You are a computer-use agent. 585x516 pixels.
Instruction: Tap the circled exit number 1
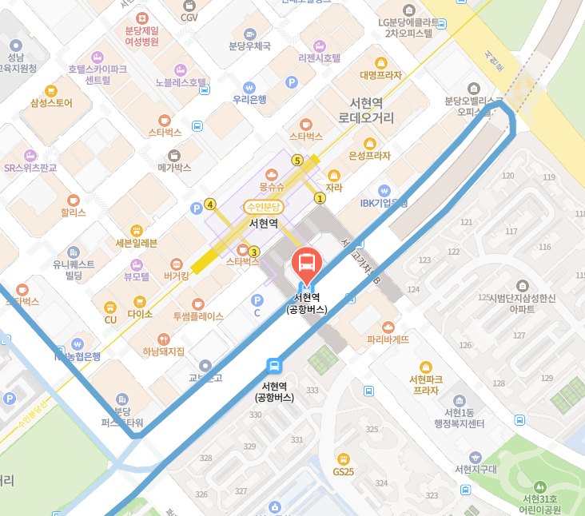[320, 198]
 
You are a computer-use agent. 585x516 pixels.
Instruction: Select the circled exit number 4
[210, 204]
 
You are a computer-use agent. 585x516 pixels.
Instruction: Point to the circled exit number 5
[297, 161]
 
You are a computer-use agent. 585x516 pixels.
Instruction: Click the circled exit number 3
[254, 252]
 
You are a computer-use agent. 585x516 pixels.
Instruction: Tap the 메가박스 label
[174, 168]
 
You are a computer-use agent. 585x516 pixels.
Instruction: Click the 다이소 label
[140, 315]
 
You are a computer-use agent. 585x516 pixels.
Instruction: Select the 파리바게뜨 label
[388, 339]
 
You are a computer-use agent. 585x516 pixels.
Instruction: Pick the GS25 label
[344, 471]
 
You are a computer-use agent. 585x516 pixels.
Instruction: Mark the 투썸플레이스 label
[198, 316]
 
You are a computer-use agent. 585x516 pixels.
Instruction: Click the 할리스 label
[74, 213]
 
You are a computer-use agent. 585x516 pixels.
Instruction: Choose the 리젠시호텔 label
[319, 58]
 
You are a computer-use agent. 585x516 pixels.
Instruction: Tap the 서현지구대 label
[476, 469]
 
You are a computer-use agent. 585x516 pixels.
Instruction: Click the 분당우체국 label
[249, 46]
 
